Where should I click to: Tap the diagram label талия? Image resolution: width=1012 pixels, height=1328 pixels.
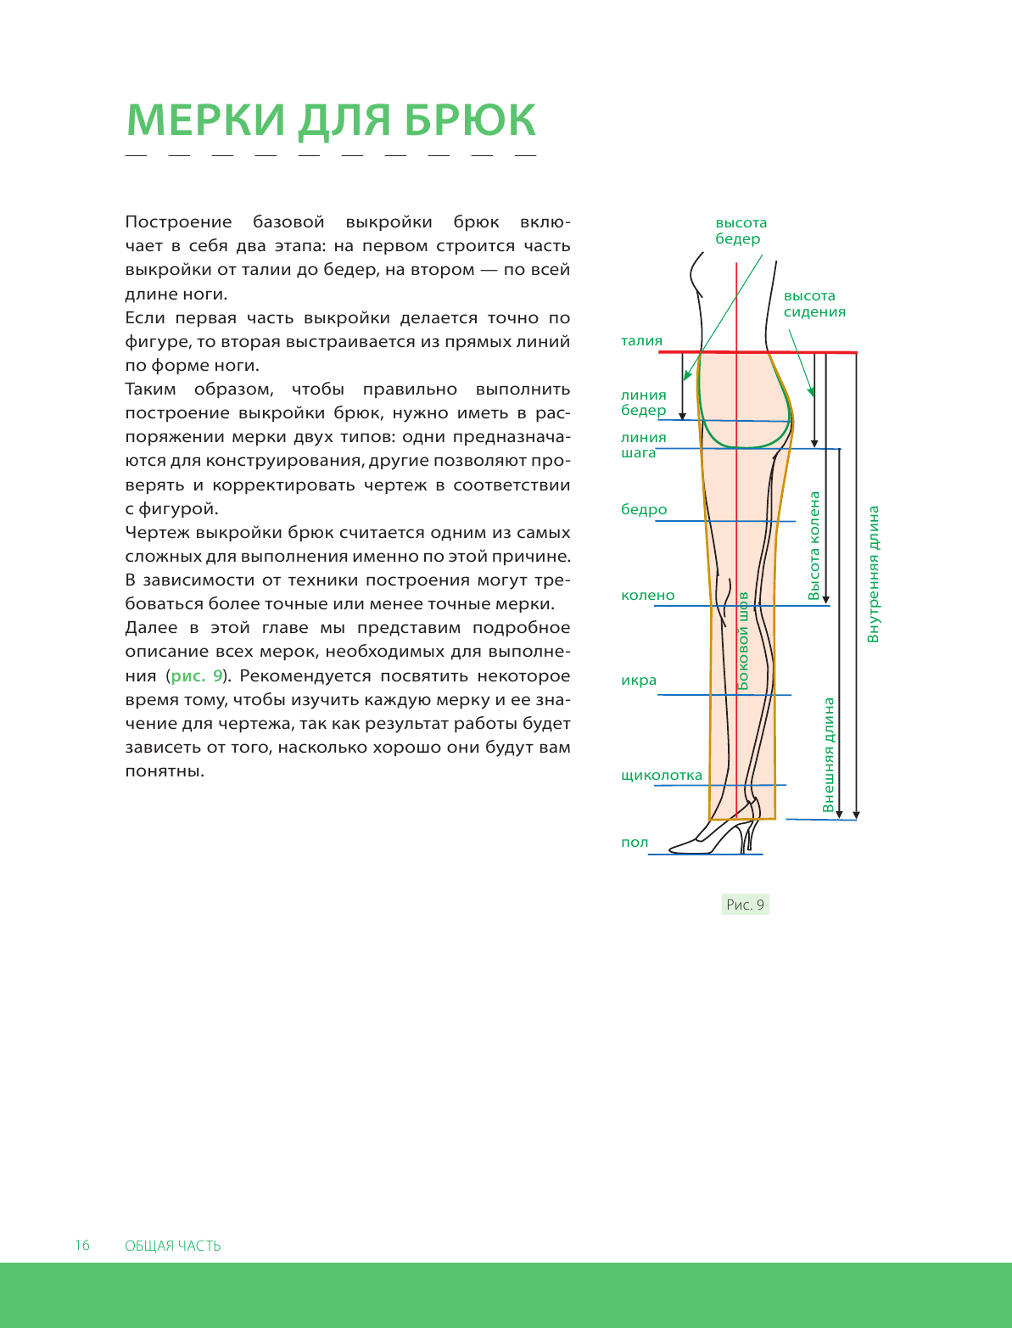(x=641, y=341)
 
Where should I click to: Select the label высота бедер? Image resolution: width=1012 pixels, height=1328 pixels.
(x=741, y=231)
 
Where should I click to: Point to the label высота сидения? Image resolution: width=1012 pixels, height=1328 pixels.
(x=814, y=304)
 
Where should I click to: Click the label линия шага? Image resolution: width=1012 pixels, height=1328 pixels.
(x=643, y=445)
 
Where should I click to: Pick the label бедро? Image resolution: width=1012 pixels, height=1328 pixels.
(x=644, y=510)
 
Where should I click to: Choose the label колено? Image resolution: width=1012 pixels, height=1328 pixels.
(x=647, y=596)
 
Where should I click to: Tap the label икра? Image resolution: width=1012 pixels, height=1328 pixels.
(x=639, y=681)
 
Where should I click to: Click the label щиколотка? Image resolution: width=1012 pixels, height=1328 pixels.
(x=662, y=776)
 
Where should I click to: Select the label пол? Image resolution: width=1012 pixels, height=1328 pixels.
(x=635, y=843)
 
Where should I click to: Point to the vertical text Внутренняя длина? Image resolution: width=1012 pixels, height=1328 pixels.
(x=874, y=574)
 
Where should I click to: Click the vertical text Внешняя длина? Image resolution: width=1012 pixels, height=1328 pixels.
(x=829, y=755)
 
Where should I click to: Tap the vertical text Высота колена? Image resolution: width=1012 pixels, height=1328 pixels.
(x=815, y=546)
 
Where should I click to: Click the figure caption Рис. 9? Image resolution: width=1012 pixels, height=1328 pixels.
(x=746, y=905)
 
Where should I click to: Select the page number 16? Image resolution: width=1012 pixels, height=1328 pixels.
(x=82, y=1246)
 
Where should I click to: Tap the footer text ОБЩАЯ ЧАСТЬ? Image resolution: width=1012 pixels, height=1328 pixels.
(x=172, y=1247)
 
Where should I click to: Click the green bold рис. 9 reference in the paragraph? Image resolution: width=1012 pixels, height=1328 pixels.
(x=197, y=676)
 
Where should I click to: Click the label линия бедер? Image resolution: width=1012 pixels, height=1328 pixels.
(x=643, y=403)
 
